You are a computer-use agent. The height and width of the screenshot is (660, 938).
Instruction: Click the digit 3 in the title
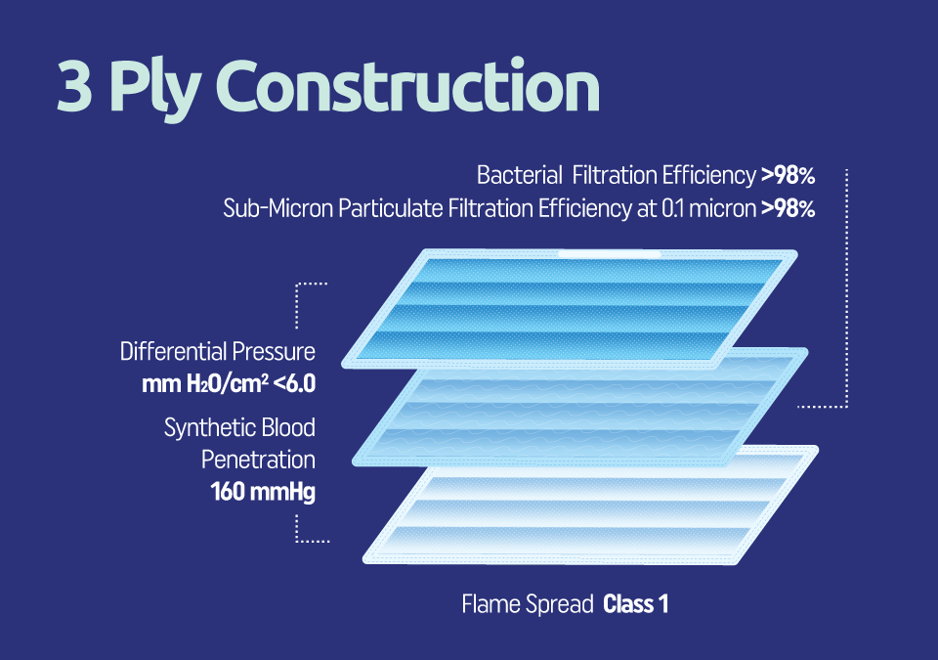(x=75, y=87)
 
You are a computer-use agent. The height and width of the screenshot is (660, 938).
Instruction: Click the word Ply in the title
(x=153, y=90)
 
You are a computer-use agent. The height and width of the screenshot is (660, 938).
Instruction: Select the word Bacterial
(x=519, y=175)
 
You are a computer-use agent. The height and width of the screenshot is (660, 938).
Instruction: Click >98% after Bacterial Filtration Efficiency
(x=788, y=175)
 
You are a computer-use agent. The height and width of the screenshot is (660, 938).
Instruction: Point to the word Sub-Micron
(x=278, y=208)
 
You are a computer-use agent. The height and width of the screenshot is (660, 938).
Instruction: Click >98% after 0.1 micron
(x=788, y=208)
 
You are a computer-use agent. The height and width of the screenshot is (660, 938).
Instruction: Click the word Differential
(x=174, y=352)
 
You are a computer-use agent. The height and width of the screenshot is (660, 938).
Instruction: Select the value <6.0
(x=294, y=384)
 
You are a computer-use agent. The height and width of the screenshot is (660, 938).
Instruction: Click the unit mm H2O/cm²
(x=205, y=384)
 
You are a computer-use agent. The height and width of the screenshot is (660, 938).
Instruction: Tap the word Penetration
(x=258, y=460)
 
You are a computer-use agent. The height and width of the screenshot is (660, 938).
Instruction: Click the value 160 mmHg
(x=263, y=492)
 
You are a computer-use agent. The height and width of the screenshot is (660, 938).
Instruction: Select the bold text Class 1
(x=635, y=603)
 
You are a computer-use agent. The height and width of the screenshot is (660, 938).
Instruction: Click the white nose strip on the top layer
(x=609, y=254)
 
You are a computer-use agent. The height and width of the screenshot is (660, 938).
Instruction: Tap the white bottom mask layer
(x=590, y=505)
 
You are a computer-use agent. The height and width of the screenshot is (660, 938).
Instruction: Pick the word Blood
(x=288, y=427)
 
